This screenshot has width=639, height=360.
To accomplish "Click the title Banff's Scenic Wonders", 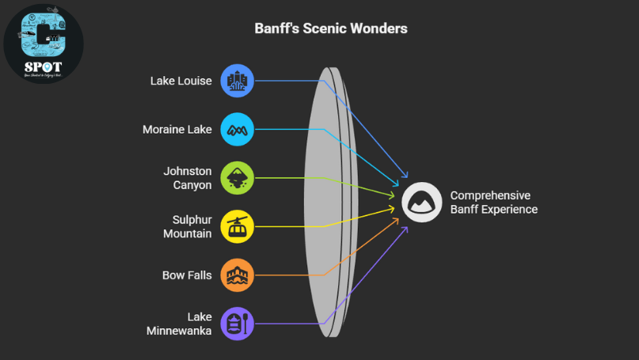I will coord(331,28).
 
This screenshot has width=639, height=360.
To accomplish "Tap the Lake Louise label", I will coord(181,81).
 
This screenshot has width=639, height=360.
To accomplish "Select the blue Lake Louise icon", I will coord(237,81).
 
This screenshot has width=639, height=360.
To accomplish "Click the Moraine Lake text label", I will coord(177,129).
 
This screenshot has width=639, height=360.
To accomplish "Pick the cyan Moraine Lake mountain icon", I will coord(237,129).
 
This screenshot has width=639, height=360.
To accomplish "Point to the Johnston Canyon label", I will coord(188,178).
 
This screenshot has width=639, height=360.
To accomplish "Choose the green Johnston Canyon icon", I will coord(237,178).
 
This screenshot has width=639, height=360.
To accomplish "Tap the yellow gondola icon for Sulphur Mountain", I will coord(237,226).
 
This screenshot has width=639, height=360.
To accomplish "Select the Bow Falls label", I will coord(187,275).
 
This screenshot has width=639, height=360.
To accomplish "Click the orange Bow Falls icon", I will coord(237,275).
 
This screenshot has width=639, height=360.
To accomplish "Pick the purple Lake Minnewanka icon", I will coord(237,324).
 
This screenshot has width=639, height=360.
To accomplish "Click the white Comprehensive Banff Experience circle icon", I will coord(421,203).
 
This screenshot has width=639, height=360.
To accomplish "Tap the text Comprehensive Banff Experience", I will coord(493,203).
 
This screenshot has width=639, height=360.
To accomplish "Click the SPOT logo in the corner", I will coord(44,44).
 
